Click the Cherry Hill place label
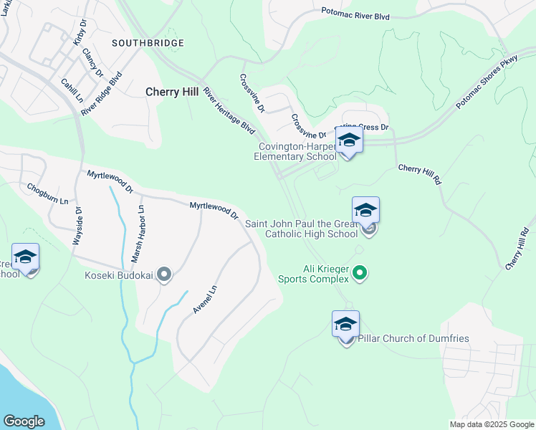(x=172, y=92)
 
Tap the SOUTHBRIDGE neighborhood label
(x=148, y=43)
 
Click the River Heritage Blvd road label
(x=229, y=111)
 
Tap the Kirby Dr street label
(x=80, y=33)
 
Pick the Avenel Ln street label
(x=204, y=299)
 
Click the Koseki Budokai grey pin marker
(x=164, y=274)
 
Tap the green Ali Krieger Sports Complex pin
(x=361, y=272)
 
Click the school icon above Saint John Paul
(x=365, y=210)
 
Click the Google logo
(x=24, y=421)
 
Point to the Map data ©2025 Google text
(x=491, y=424)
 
